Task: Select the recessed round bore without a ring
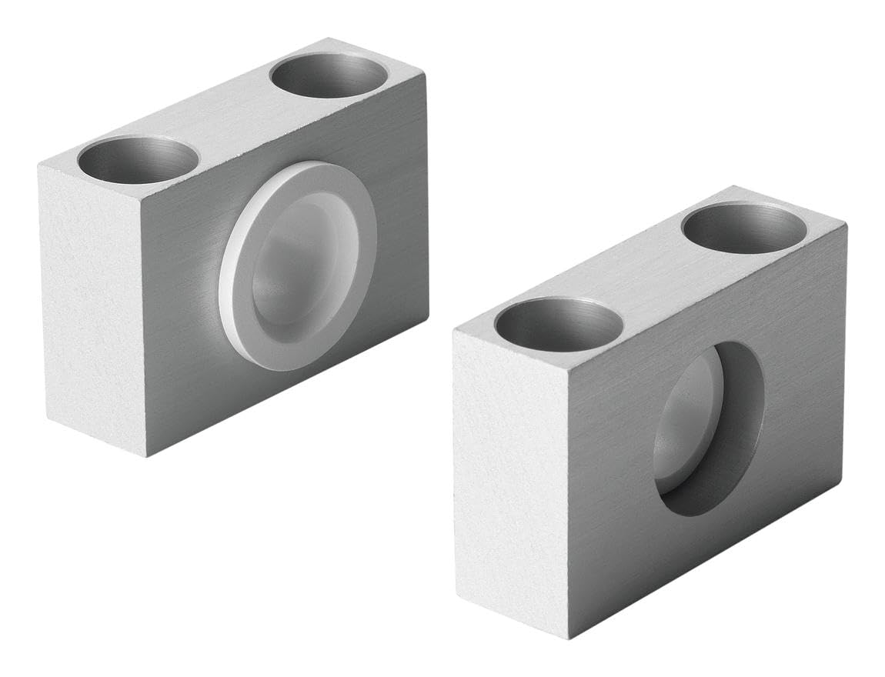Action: [x=708, y=428]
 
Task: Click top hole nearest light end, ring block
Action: [x=138, y=159]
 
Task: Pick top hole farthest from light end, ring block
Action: [x=329, y=75]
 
